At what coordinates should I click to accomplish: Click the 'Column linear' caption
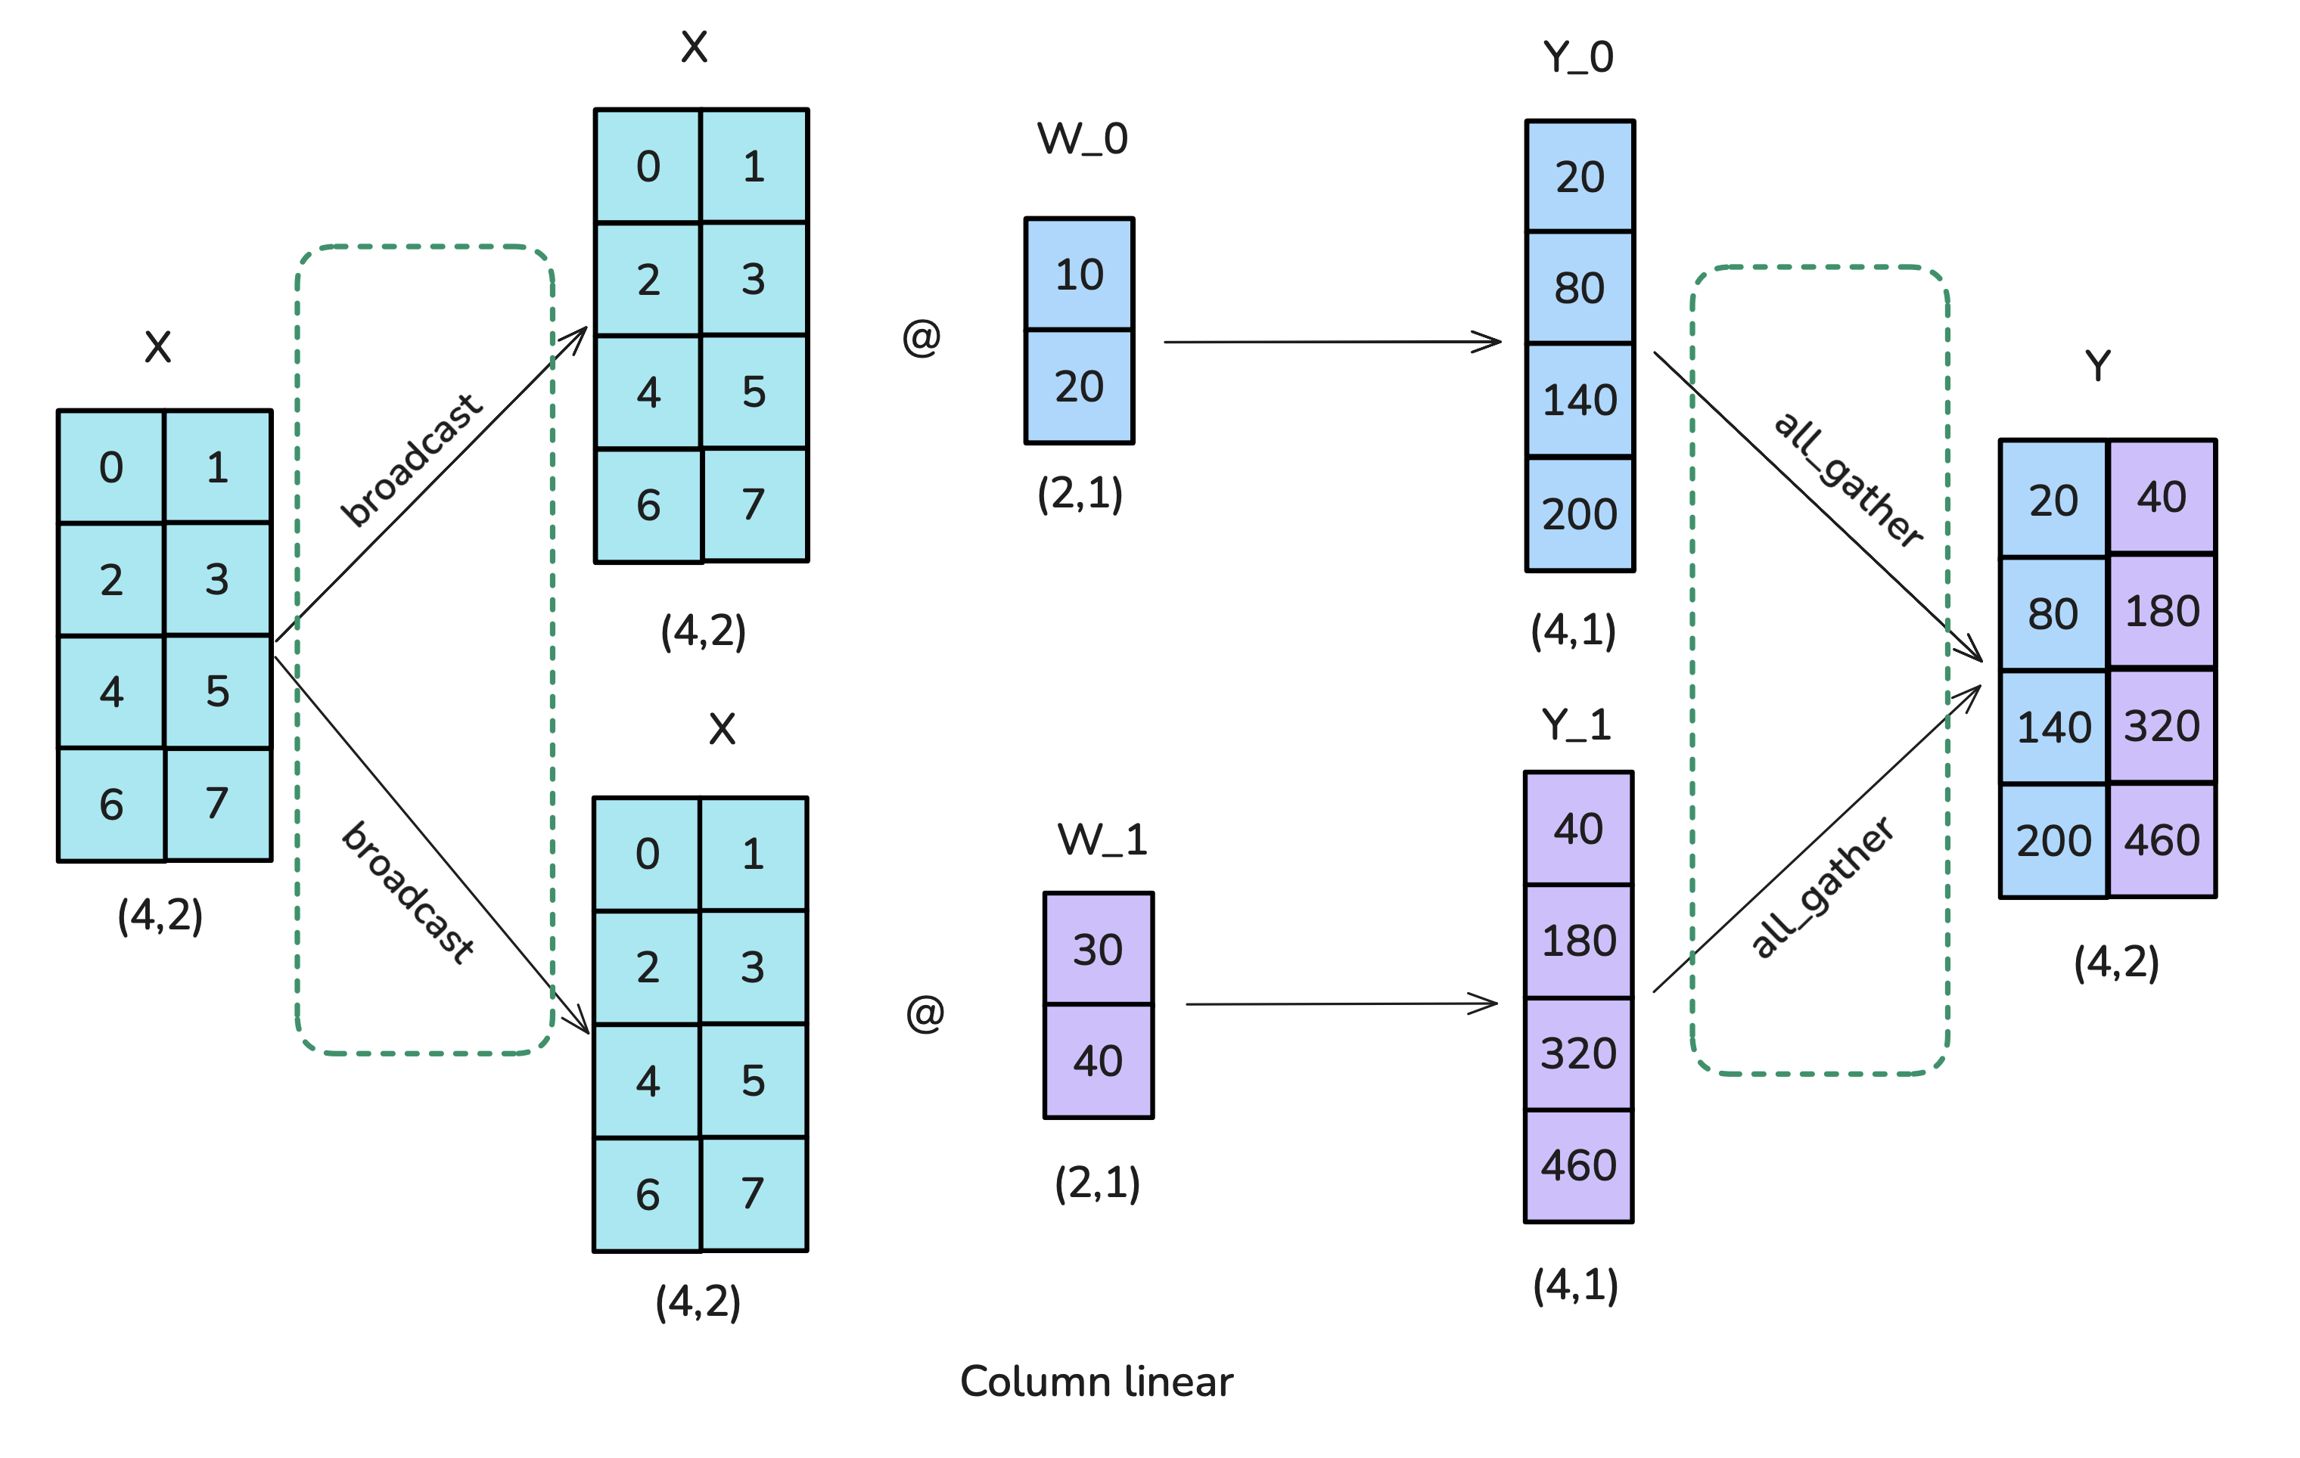tap(1096, 1382)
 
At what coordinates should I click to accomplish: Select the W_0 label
tap(1082, 139)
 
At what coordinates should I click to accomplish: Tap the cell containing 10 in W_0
tap(1080, 275)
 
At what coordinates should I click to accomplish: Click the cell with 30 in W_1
tap(1098, 949)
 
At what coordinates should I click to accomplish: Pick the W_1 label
tap(1102, 840)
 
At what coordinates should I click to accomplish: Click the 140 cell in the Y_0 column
tap(1580, 400)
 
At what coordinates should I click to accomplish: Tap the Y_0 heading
tap(1578, 57)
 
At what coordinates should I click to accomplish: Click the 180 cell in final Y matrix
tap(2162, 611)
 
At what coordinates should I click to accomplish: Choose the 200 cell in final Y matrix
tap(2053, 841)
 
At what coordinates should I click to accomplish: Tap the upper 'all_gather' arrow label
tap(1848, 480)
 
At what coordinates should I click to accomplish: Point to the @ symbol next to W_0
tap(922, 337)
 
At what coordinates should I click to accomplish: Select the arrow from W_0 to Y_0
tap(1332, 341)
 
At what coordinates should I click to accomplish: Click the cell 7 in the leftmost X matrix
tap(218, 804)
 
